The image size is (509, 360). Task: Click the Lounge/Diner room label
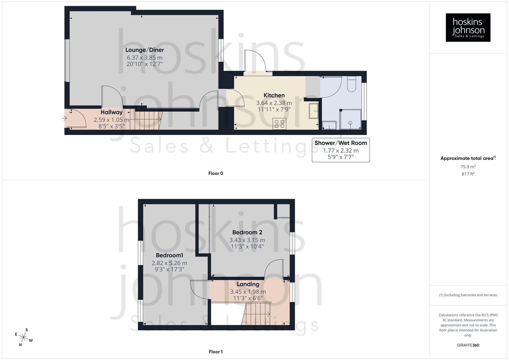(145, 50)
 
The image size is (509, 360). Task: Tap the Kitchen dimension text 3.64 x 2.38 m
(274, 103)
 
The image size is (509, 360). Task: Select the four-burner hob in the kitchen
(279, 124)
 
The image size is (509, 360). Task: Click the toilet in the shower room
(352, 84)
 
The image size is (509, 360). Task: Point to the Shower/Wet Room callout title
(341, 143)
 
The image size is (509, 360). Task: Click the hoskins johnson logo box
(468, 27)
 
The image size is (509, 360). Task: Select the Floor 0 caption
(216, 173)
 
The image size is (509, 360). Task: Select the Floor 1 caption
(216, 352)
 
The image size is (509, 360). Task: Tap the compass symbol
(23, 337)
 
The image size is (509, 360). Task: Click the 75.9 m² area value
(468, 167)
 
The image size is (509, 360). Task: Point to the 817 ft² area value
(468, 174)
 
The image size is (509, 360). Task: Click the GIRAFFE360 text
(468, 345)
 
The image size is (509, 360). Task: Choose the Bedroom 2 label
(247, 232)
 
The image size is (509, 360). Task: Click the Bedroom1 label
(170, 255)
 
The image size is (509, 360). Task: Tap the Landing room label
(248, 284)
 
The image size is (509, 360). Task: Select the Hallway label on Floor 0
(112, 112)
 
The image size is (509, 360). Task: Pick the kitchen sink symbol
(314, 111)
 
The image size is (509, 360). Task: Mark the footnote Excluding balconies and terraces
(468, 295)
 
